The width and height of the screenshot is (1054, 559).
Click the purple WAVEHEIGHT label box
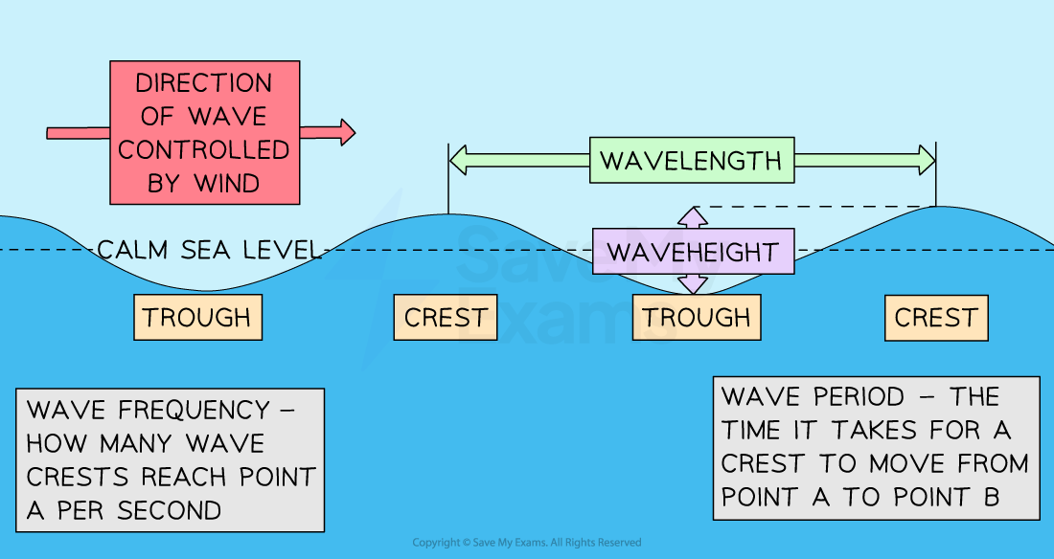[693, 252]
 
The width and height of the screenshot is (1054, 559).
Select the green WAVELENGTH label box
[691, 160]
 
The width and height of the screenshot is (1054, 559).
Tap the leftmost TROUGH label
[197, 317]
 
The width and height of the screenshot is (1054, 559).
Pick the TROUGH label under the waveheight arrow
[697, 317]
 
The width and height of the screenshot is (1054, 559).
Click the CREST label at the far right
[935, 317]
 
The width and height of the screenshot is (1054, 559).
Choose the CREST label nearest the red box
[446, 317]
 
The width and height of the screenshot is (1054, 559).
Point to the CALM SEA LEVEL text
[208, 251]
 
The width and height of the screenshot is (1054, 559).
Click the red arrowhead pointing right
[344, 131]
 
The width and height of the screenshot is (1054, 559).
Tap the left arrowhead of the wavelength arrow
[458, 160]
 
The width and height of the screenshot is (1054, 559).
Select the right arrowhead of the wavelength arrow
[926, 160]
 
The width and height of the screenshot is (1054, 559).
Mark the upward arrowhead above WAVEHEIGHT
[693, 214]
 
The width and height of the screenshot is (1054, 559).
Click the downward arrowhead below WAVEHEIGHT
[693, 284]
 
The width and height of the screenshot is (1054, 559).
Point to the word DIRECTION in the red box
[203, 83]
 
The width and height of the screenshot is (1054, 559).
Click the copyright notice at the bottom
[527, 543]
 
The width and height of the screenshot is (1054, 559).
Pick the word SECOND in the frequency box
[169, 510]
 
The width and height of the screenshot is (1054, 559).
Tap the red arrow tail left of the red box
[78, 131]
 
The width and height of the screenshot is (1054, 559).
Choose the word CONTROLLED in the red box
[203, 149]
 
